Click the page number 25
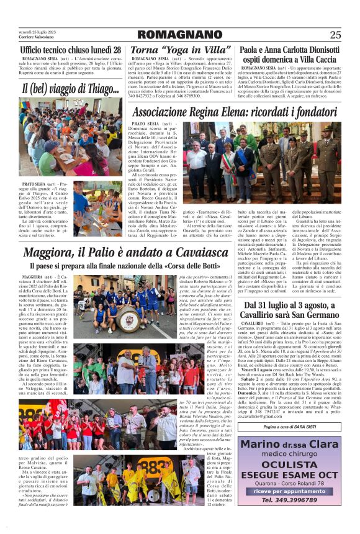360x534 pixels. pos(335,35)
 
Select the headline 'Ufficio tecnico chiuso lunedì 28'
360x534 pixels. pos(71,50)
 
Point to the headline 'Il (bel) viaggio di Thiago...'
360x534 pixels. pos(70,89)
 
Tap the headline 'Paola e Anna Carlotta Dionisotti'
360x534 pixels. pos(290,50)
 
